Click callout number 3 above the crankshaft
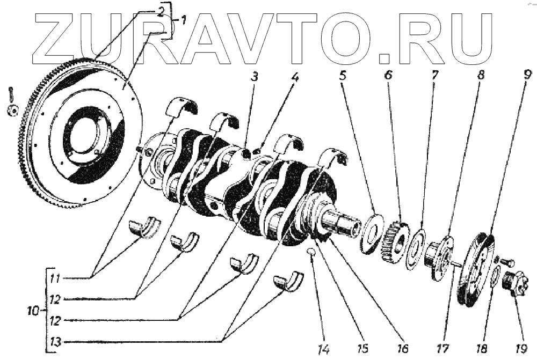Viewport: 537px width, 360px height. click(x=255, y=77)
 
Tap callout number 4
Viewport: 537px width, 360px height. click(x=295, y=77)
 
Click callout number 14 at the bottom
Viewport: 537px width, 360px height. click(x=322, y=349)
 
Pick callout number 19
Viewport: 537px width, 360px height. click(x=520, y=349)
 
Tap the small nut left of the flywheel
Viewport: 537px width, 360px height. click(x=12, y=110)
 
